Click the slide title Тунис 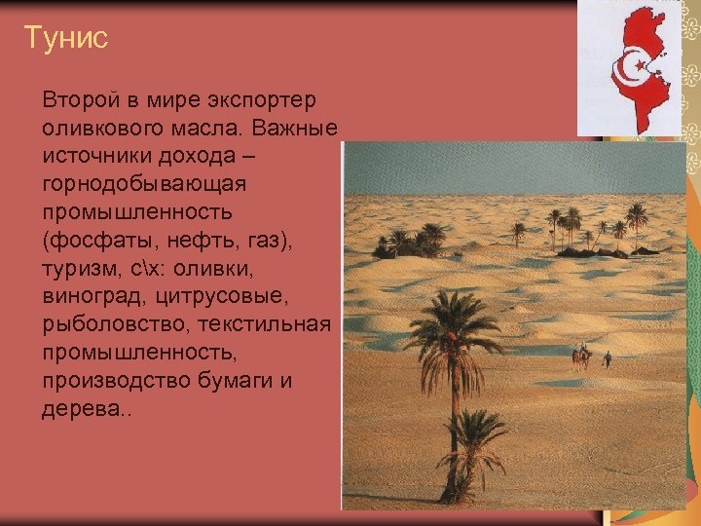65,38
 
